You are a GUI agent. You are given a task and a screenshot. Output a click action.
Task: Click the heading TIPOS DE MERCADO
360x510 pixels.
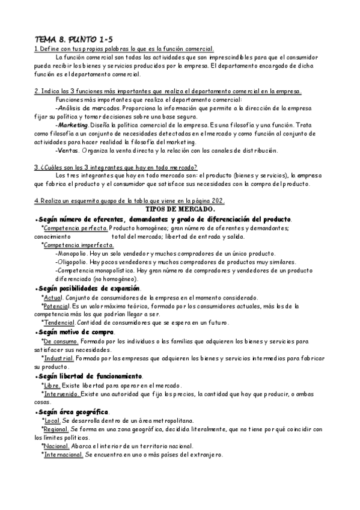180,209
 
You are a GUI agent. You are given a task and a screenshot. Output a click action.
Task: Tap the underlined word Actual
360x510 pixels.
53,298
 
